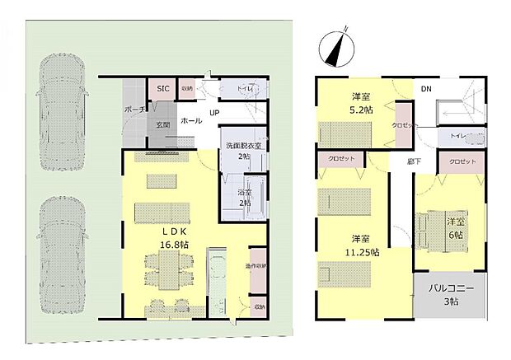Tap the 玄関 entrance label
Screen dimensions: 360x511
163,125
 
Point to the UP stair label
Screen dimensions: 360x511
214,113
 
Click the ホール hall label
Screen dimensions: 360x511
191,119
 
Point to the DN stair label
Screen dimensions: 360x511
425,88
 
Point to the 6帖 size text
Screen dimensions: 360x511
455,235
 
